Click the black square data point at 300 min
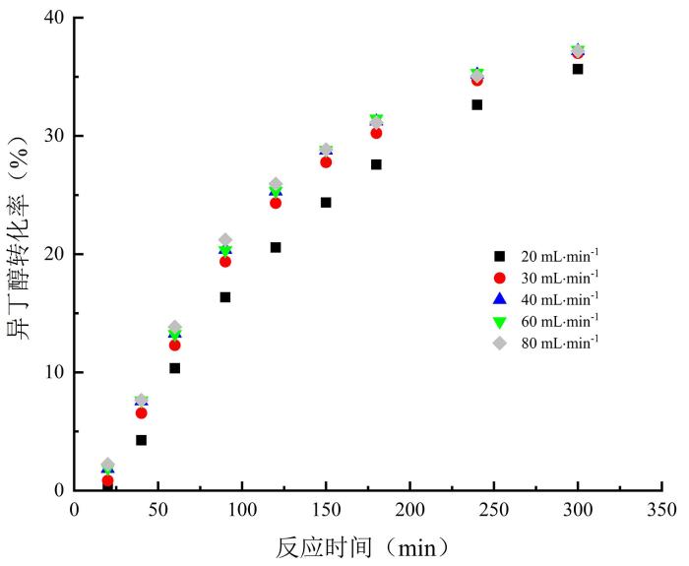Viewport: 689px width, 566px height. [x=578, y=69]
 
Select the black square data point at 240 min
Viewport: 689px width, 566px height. [x=476, y=104]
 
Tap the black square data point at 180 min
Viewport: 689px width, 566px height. [x=376, y=164]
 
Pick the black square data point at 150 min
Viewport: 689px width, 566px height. [x=326, y=203]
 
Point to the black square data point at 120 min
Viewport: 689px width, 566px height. [x=276, y=247]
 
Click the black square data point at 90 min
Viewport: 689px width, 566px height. [x=225, y=297]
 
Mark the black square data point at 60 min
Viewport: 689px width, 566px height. [x=174, y=368]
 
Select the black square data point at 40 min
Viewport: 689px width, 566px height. [x=141, y=440]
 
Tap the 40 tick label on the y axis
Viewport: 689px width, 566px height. [x=53, y=18]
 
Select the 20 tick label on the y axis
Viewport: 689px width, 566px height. [x=53, y=254]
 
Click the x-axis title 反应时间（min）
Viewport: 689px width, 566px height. [x=364, y=544]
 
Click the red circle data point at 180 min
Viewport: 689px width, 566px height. [x=376, y=133]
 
